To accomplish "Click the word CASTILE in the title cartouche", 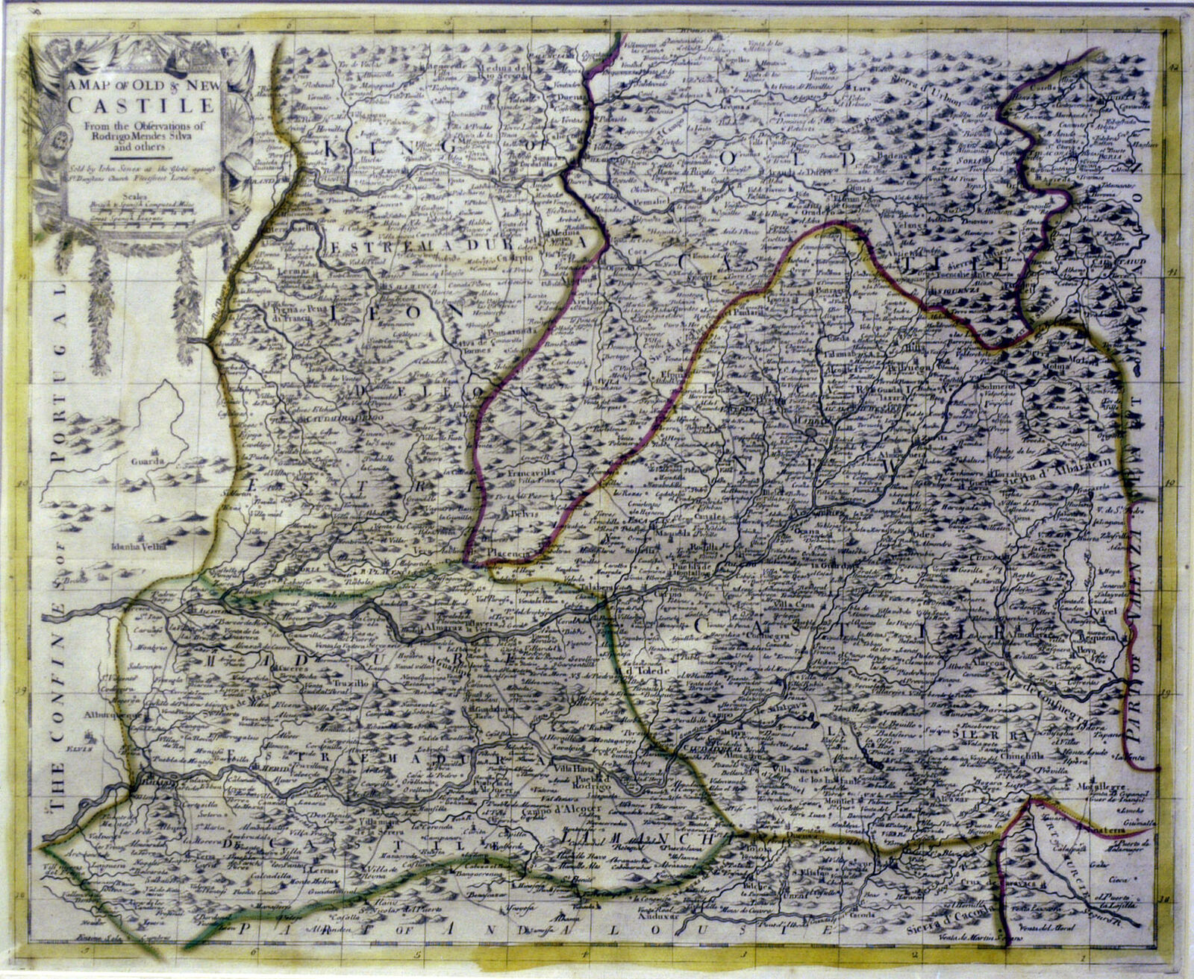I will tap(141, 107).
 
